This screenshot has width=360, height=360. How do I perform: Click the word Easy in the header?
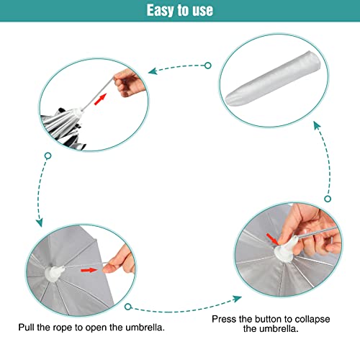click(161, 11)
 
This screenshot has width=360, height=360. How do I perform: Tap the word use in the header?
click(202, 11)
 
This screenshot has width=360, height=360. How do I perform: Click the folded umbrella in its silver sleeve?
click(274, 78)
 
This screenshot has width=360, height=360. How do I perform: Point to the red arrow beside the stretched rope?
click(100, 99)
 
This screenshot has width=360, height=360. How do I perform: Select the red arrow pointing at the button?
click(272, 239)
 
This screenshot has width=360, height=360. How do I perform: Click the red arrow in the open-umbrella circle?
click(89, 270)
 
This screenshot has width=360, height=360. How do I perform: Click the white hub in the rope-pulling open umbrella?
click(54, 273)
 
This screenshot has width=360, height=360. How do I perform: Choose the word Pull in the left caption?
click(27, 327)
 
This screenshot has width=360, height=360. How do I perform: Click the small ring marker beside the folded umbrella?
click(208, 66)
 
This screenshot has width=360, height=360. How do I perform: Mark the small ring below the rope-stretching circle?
click(48, 156)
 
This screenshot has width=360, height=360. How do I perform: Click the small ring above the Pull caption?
click(128, 307)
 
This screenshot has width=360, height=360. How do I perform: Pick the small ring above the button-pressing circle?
click(328, 199)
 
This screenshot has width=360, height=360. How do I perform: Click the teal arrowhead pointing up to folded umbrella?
click(317, 125)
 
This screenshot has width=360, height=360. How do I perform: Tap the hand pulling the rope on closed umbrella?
click(129, 83)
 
